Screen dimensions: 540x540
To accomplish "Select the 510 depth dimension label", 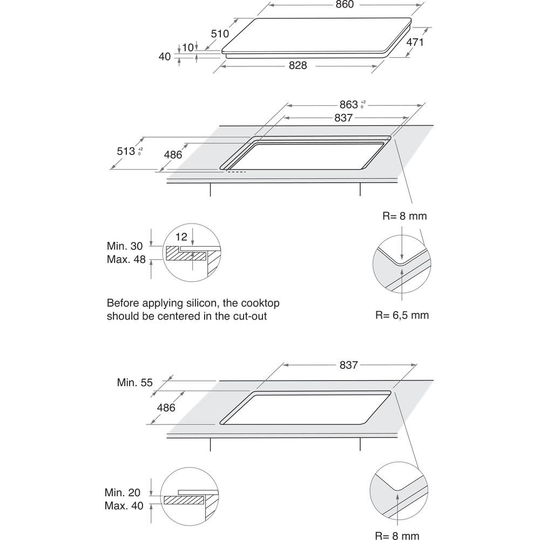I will [219, 34].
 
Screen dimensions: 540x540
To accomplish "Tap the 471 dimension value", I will [415, 42].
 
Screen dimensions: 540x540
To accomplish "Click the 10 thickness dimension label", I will [187, 48].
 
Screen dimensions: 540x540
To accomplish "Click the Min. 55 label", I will [135, 382].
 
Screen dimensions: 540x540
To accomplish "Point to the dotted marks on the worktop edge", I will [235, 173].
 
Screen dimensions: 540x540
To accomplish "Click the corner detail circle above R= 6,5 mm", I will [401, 264].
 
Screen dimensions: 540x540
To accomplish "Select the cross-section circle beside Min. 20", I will [191, 498].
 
